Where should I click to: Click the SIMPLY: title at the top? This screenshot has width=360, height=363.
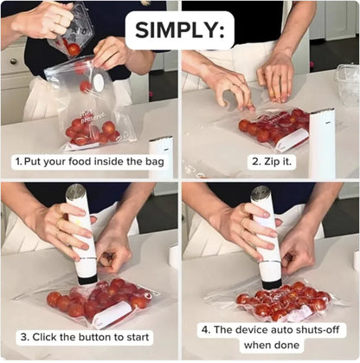point(179,31)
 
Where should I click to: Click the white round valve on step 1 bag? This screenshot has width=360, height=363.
point(97,82)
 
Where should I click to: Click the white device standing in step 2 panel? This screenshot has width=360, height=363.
point(321,142)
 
